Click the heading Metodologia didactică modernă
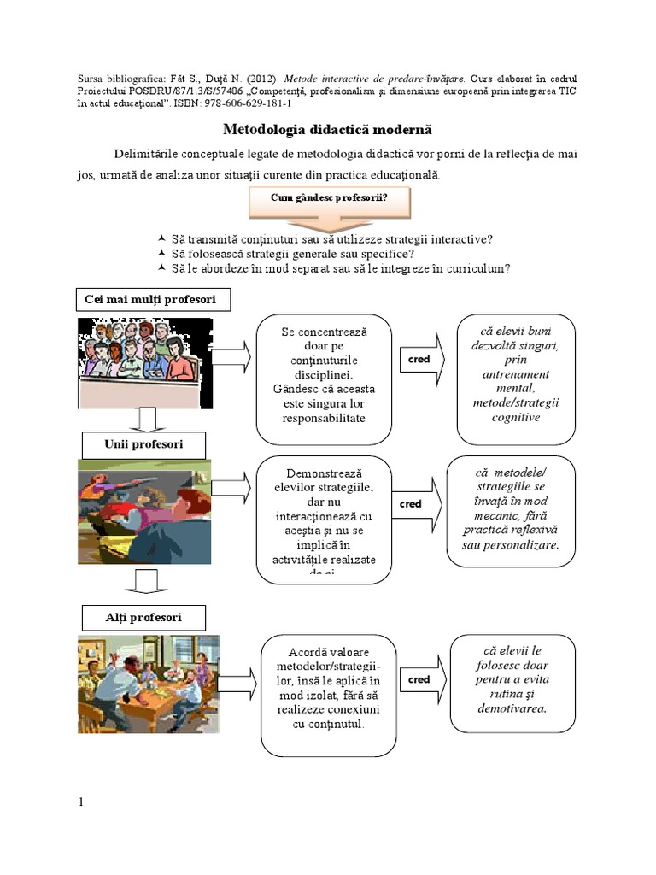328,130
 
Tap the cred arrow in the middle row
417,503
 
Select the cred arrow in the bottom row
423,679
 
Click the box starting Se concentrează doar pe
324,374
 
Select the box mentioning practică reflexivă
510,510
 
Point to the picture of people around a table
149,684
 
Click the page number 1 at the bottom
81,802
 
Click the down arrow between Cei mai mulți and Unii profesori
145,420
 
